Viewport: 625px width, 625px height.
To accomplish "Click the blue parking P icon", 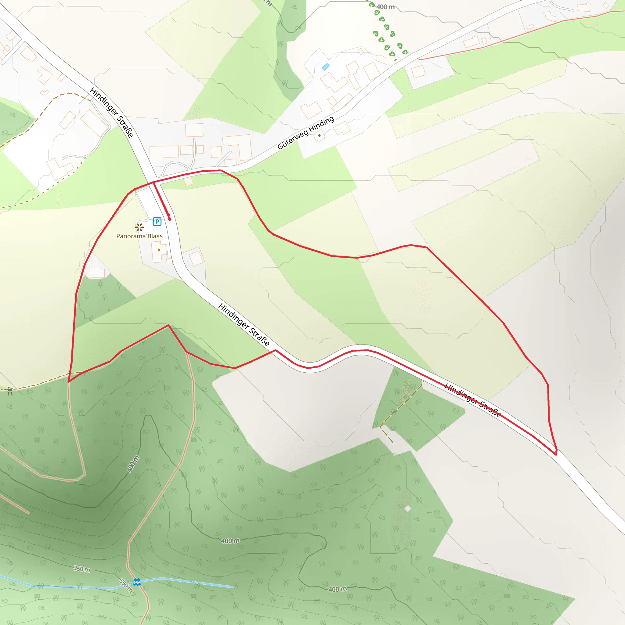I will pos(157,222).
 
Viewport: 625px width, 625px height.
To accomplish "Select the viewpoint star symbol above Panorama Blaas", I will pos(139,227).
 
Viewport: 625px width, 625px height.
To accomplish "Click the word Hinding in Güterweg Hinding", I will pos(321,124).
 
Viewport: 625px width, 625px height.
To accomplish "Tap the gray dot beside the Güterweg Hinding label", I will pos(319,135).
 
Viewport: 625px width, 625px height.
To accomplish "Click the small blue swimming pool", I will pos(325,67).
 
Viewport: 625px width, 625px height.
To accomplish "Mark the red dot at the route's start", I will pos(169,219).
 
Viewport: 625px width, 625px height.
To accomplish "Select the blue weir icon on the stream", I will pos(137,582).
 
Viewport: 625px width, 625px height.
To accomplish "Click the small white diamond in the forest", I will pos(408,508).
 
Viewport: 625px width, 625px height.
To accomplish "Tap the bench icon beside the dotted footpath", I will pos(10,392).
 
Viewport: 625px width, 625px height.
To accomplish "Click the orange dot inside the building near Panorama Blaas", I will pos(159,250).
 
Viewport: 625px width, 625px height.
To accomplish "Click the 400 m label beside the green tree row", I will pos(385,7).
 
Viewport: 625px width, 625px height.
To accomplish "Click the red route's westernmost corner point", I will pos(69,382).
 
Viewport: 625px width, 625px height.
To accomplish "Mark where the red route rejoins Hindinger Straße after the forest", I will pos(276,350).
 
